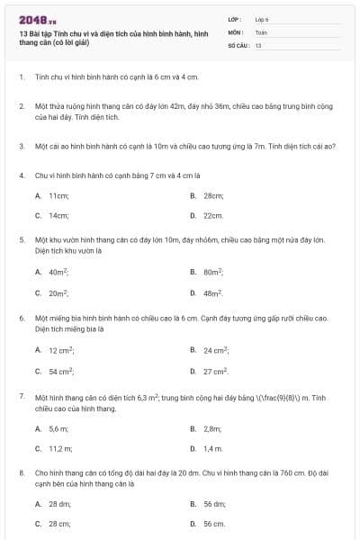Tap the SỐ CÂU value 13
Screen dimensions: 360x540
[x=258, y=44]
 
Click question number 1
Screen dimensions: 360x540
[x=21, y=78]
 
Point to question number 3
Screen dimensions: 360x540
[x=21, y=146]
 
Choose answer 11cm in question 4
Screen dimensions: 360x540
[x=59, y=195]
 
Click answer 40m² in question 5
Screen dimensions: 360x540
[x=59, y=272]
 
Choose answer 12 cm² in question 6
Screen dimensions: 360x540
[x=61, y=349]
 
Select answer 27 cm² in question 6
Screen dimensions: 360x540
[x=216, y=371]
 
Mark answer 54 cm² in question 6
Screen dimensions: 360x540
[x=61, y=371]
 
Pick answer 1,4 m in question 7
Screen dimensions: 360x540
[x=213, y=448]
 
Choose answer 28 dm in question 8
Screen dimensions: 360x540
[x=60, y=505]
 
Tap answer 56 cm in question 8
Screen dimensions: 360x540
[x=214, y=524]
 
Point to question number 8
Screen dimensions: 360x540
[x=21, y=472]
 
